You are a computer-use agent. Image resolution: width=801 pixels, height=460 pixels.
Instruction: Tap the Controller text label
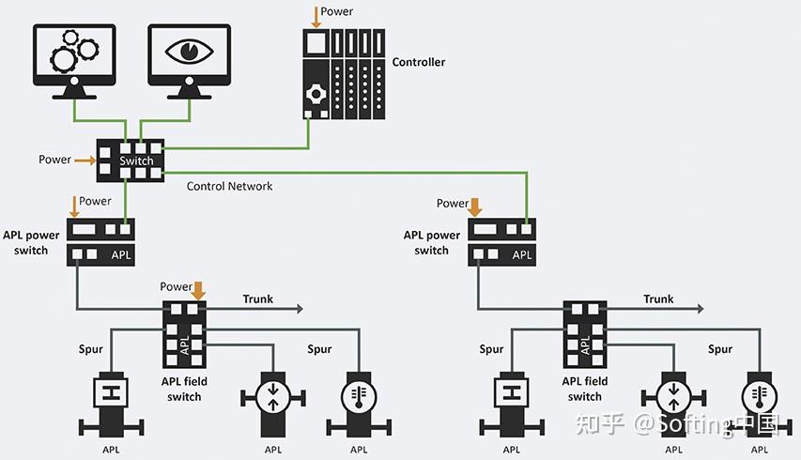[418, 62]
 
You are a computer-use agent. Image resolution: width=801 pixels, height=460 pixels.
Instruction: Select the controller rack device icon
[343, 73]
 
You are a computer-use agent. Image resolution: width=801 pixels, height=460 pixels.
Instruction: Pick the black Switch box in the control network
[130, 160]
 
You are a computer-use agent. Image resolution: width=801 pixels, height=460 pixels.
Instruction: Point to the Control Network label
[229, 186]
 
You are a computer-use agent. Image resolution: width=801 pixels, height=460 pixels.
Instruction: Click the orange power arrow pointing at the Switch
[85, 161]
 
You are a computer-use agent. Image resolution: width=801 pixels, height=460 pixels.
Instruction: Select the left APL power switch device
[101, 241]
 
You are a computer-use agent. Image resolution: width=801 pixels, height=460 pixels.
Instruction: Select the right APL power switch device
[501, 241]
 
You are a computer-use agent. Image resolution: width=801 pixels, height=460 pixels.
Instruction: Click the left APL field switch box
[184, 334]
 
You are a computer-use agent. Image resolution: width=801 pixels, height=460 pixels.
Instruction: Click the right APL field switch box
[585, 334]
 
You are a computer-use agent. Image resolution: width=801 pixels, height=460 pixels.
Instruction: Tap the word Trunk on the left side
[257, 299]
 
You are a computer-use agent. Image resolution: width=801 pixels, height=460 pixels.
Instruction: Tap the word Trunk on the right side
[658, 299]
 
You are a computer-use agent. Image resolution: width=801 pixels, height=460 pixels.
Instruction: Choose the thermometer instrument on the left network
[359, 398]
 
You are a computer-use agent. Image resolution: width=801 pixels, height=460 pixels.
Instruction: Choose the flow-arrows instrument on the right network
[673, 398]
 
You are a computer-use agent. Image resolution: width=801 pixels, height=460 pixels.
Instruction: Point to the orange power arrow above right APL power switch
[475, 205]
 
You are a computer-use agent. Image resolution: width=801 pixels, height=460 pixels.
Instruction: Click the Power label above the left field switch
[176, 286]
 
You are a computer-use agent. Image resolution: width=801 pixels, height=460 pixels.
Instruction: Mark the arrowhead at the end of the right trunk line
[700, 308]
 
